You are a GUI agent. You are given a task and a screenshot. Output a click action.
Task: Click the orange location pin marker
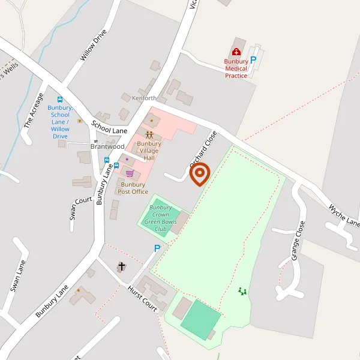[x=200, y=175]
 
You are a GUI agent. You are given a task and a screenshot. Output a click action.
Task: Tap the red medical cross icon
[x=236, y=52]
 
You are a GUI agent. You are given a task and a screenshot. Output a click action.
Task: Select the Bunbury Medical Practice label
[x=236, y=68]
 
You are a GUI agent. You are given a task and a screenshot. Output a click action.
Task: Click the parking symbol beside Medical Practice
[x=253, y=59]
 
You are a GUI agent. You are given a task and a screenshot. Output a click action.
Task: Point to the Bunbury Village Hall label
[x=149, y=150]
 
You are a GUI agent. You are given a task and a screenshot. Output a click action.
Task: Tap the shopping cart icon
[x=130, y=173]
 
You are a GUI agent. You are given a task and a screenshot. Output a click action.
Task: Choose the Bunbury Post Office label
[x=133, y=188]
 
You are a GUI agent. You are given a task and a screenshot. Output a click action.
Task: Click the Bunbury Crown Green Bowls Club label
[x=160, y=218]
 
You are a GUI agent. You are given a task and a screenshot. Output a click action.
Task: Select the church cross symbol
[x=122, y=266]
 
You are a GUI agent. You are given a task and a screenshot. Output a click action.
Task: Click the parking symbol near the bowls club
[x=157, y=248]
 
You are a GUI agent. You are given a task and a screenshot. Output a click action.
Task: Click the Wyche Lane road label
[x=344, y=215]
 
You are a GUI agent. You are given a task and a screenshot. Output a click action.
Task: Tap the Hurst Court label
[x=142, y=298]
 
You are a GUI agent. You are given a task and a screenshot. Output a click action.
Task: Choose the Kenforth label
[x=144, y=98]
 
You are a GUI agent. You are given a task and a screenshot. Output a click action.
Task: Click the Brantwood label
[x=107, y=146]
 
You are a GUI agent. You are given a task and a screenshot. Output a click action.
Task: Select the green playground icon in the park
[x=242, y=291]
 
